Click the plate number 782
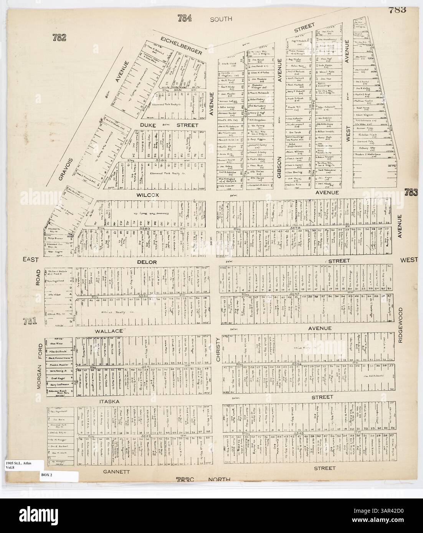(x=60, y=37)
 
